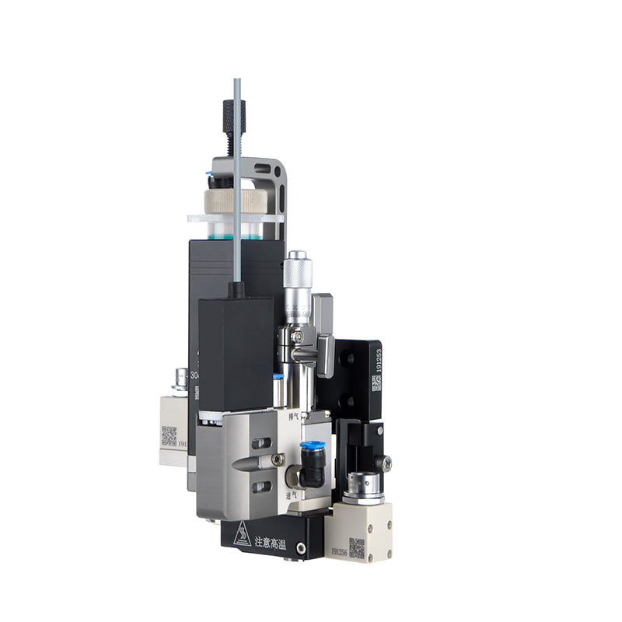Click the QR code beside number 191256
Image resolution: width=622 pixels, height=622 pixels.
point(357,547)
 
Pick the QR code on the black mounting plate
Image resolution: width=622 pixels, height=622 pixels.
point(376,383)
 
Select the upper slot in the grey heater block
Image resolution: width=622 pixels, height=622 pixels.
point(261,443)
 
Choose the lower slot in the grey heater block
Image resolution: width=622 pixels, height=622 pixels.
point(261,487)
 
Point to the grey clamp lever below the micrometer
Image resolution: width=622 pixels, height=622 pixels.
point(325,354)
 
